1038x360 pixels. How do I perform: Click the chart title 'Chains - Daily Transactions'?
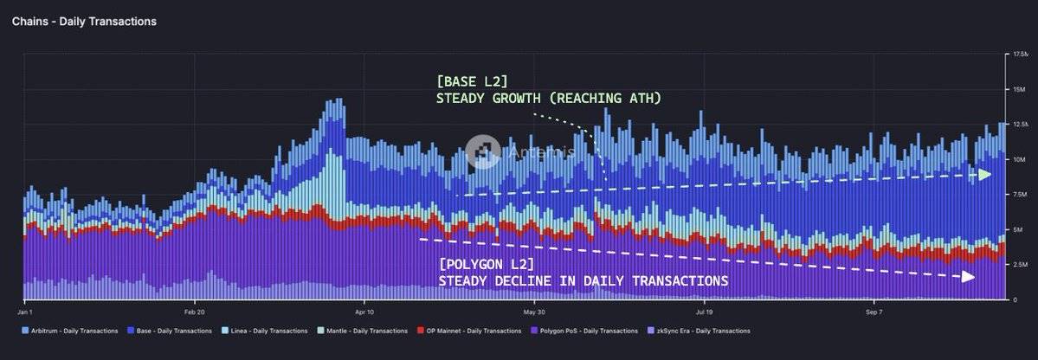pyautogui.click(x=84, y=21)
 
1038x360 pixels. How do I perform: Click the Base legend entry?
pyautogui.click(x=169, y=331)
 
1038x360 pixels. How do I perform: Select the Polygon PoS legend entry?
pyautogui.click(x=580, y=331)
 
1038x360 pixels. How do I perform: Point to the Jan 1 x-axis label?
pyautogui.click(x=25, y=311)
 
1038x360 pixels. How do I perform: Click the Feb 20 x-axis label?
pyautogui.click(x=195, y=311)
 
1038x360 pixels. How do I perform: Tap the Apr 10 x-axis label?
pyautogui.click(x=364, y=311)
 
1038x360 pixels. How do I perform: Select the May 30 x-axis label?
pyautogui.click(x=534, y=311)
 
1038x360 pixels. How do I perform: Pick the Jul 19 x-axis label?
pyautogui.click(x=704, y=311)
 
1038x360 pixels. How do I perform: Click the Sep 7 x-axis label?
pyautogui.click(x=874, y=311)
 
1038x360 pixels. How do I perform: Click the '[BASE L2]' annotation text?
pyautogui.click(x=473, y=80)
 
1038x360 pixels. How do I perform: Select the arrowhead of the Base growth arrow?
pyautogui.click(x=984, y=174)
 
